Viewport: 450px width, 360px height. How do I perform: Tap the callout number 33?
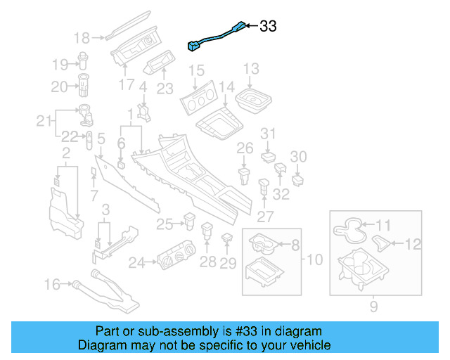point(268,27)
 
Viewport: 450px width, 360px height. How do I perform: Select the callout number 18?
point(82,38)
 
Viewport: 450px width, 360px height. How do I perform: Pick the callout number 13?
point(251,69)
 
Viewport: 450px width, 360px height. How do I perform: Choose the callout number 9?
point(373,307)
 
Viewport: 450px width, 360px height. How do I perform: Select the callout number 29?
point(228,263)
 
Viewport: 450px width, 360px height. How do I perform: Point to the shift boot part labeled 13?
point(252,99)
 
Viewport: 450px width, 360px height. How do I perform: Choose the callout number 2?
point(65,153)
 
